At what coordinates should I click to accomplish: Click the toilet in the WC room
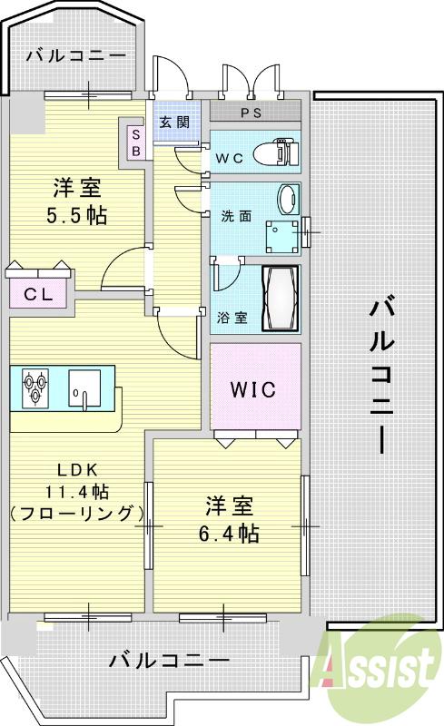click(x=276, y=152)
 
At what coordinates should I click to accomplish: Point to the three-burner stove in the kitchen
click(x=34, y=387)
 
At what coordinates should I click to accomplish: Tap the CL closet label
click(x=37, y=294)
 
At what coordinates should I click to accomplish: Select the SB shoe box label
click(x=136, y=143)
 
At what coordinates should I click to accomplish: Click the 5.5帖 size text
click(x=77, y=216)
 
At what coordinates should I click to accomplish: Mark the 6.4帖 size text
click(x=228, y=533)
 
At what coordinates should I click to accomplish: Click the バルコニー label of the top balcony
click(x=75, y=55)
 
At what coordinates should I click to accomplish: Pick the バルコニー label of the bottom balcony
click(x=169, y=660)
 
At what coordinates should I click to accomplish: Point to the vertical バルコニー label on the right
click(x=381, y=375)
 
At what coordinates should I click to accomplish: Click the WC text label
click(x=229, y=158)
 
